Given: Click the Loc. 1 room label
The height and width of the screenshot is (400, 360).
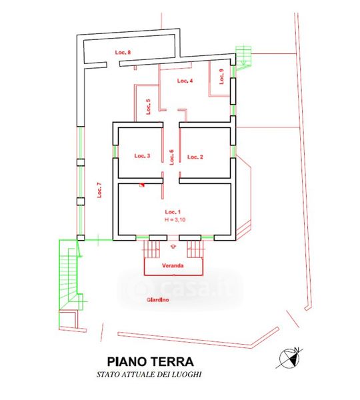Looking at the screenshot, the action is (173, 212).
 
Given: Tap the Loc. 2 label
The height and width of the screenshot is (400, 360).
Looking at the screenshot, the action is (195, 157).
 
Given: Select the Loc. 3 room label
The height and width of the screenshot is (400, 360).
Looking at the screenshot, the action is (142, 155).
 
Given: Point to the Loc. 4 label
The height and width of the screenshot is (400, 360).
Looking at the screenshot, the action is (185, 81).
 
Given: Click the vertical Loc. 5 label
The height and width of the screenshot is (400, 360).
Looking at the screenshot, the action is (148, 107).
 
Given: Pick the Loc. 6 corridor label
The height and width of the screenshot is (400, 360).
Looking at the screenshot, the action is (172, 157).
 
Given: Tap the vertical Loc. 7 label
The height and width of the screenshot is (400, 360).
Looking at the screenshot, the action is (99, 190).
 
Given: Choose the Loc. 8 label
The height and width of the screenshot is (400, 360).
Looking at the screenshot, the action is (123, 52).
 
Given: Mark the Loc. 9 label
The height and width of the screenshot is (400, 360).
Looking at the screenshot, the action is (221, 77).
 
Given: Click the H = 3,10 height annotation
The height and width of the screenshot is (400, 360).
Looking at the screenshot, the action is (175, 219).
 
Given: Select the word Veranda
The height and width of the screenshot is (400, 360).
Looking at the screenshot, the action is (173, 265).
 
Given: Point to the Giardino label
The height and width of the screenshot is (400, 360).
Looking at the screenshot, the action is (158, 300).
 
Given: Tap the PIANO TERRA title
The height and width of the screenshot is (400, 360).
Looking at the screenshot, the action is (150, 361).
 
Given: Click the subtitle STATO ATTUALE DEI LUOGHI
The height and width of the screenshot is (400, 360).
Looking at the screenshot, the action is (149, 375).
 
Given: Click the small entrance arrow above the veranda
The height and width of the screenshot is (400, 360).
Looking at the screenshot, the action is (173, 246).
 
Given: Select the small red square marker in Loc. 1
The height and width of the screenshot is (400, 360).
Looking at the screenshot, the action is (142, 185).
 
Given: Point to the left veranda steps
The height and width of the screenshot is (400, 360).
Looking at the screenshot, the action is (152, 249).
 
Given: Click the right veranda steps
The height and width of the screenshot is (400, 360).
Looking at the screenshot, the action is (195, 249).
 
